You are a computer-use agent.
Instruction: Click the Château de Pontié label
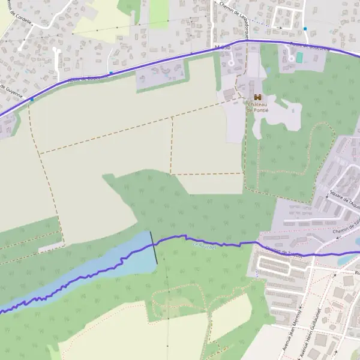coord(258,107)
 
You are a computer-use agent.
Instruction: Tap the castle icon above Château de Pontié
coord(258,97)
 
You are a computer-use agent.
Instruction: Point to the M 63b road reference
coord(222,46)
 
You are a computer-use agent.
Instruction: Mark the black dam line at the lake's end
coord(154,248)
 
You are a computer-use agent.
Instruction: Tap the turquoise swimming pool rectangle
coord(299,57)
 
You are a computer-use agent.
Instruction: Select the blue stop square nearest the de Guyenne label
coord(32,100)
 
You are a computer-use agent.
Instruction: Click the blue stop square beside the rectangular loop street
coord(305,29)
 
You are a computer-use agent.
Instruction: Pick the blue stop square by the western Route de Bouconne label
coord(111,73)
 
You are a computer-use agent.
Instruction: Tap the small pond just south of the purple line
coord(347,259)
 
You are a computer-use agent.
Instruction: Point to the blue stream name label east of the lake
coord(203,246)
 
